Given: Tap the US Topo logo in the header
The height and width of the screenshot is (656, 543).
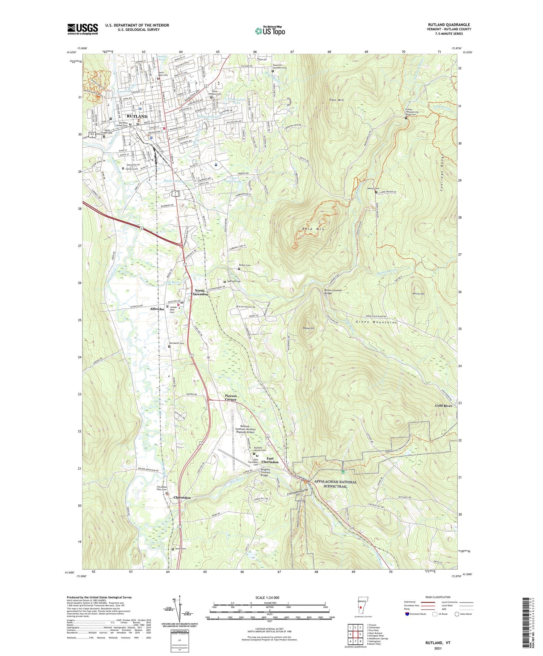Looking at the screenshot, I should click(x=270, y=30).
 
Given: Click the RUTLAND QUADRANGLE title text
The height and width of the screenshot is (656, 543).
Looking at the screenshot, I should click(x=449, y=25).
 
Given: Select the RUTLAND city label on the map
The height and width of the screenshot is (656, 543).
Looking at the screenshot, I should click(x=137, y=116).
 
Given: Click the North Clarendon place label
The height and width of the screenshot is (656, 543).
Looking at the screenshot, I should click(x=201, y=292).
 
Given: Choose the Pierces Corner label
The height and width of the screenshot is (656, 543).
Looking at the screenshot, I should click(x=231, y=398).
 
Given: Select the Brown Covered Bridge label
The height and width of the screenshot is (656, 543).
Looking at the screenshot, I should click(x=333, y=291).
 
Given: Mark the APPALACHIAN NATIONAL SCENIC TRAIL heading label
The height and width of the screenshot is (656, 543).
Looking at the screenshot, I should click(x=335, y=484).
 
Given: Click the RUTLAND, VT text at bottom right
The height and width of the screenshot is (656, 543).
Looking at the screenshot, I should click(x=438, y=643).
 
